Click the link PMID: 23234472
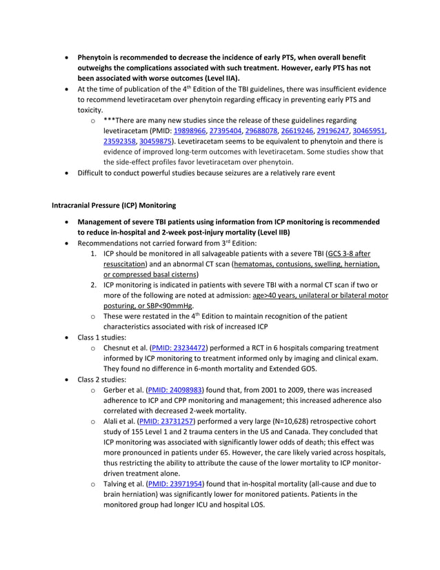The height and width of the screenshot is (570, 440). (183, 349)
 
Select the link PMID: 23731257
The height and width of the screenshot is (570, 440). (168, 420)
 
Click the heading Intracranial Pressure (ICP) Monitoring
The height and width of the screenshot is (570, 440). (114, 206)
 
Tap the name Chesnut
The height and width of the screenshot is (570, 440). (120, 349)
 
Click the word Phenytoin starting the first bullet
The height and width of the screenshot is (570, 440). (97, 57)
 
